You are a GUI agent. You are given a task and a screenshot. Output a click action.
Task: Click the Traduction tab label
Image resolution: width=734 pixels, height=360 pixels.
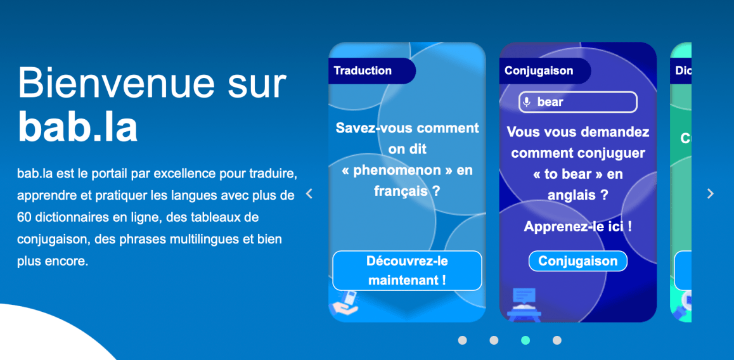[363, 71]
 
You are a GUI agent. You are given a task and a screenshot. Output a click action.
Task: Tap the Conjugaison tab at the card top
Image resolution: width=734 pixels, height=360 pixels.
[539, 71]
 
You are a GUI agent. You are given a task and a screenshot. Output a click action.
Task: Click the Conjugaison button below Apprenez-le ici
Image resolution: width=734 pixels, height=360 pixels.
[577, 260]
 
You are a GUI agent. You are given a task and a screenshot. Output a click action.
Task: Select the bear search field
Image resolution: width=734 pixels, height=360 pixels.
[578, 102]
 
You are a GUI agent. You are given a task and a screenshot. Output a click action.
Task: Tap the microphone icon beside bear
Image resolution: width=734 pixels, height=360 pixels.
[527, 101]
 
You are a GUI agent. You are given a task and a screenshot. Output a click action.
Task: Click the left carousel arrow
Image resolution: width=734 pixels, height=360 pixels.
[309, 193]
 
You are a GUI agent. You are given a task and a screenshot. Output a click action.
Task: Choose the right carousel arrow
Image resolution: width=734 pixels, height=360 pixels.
[711, 193]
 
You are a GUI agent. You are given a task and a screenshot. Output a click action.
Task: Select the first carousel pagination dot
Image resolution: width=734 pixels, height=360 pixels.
[463, 340]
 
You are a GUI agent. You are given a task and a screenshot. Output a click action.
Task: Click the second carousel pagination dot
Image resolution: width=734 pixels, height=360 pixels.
[494, 340]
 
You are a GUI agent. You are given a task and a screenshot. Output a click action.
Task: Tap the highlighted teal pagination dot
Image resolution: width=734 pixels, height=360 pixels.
[525, 340]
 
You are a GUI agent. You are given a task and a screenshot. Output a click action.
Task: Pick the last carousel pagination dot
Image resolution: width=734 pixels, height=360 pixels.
[557, 340]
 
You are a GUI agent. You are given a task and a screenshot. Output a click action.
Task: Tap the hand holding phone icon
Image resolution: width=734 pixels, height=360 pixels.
[345, 303]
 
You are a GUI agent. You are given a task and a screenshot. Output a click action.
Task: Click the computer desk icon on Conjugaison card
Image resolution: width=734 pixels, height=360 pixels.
[524, 304]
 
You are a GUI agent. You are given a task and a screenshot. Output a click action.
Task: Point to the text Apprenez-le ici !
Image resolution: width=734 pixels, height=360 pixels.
[578, 226]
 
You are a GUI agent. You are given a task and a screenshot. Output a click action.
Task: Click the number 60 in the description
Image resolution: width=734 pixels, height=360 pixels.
[24, 217]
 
